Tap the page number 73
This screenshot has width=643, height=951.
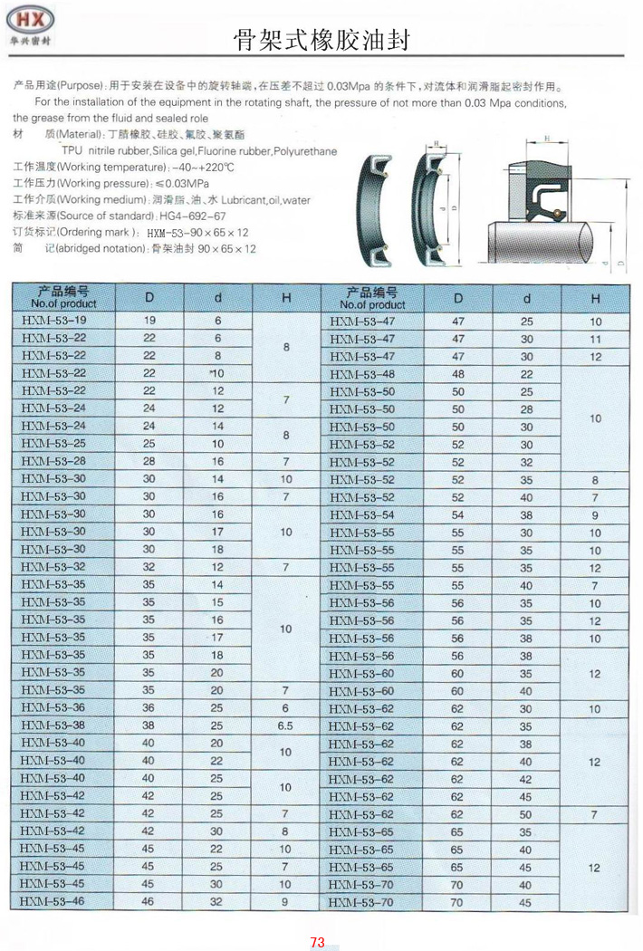pyautogui.click(x=317, y=942)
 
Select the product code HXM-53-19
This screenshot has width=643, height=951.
pyautogui.click(x=53, y=321)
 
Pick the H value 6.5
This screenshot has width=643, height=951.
pyautogui.click(x=286, y=725)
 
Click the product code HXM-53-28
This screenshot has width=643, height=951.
pyautogui.click(x=53, y=461)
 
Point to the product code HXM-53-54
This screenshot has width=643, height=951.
pyautogui.click(x=362, y=514)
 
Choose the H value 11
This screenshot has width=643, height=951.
pyautogui.click(x=595, y=339)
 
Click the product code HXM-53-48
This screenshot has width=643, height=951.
pyautogui.click(x=362, y=374)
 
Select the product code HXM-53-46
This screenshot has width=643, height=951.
pyautogui.click(x=53, y=901)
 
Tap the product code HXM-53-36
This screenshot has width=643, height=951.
pyautogui.click(x=53, y=707)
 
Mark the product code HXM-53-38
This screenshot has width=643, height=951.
pyautogui.click(x=53, y=725)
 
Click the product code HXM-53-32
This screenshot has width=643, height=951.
pyautogui.click(x=53, y=567)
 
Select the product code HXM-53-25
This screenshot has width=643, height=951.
pyautogui.click(x=53, y=444)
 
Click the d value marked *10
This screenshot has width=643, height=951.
pyautogui.click(x=216, y=373)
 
